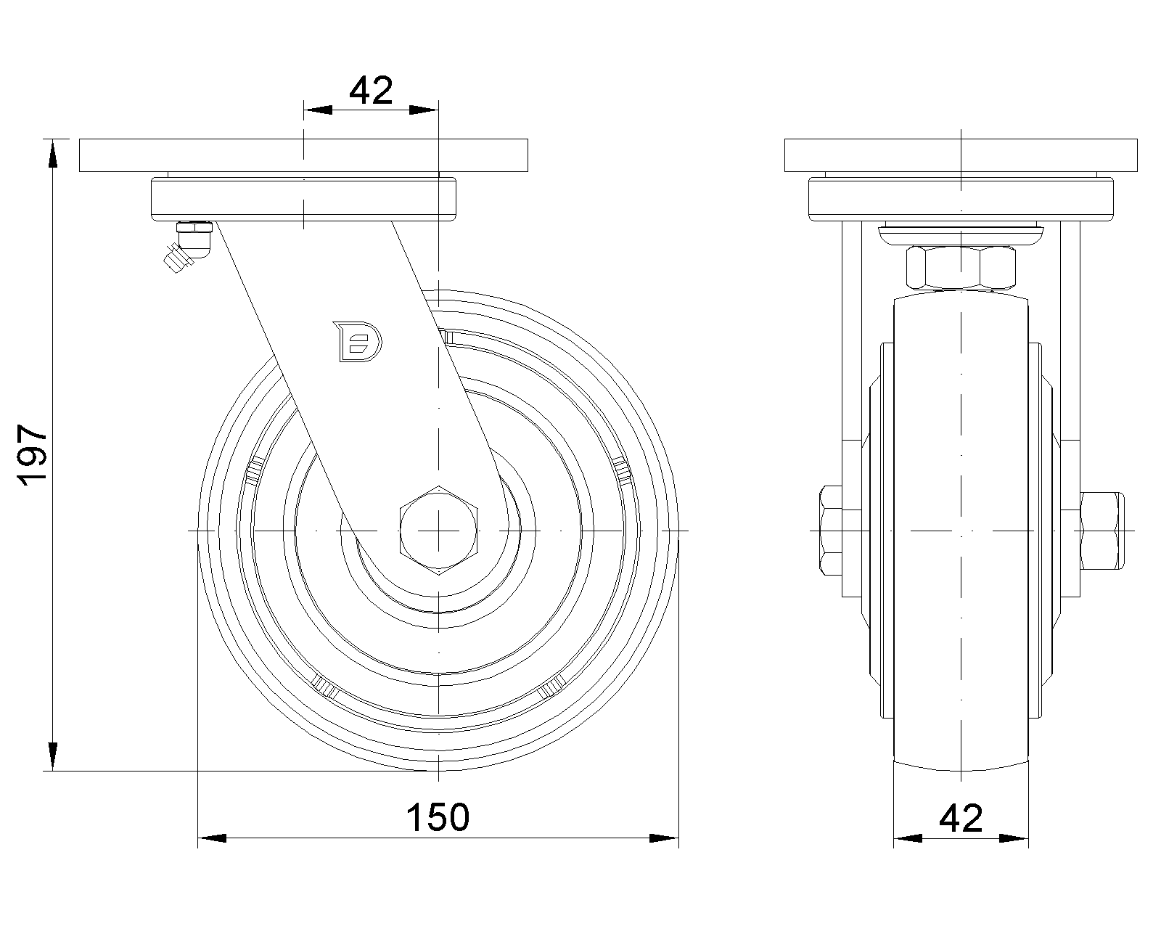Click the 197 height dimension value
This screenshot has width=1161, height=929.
[33, 455]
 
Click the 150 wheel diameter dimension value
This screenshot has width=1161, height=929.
[438, 817]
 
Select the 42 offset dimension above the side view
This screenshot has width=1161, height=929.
[371, 90]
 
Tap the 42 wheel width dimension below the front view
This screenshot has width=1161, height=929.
[961, 818]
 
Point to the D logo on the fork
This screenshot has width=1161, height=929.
[358, 340]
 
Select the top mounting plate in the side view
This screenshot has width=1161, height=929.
[303, 155]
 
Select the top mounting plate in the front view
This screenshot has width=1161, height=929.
[961, 155]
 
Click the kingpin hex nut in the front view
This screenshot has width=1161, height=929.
[961, 268]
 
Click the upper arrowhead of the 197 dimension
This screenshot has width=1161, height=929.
[52, 155]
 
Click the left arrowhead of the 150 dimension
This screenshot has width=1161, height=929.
[212, 838]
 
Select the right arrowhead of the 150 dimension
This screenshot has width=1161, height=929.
[664, 838]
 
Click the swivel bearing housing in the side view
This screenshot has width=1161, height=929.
[303, 199]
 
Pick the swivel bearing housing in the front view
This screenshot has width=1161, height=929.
[961, 199]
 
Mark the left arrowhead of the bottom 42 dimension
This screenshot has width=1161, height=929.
[907, 838]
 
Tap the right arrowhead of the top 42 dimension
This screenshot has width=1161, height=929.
[424, 110]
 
